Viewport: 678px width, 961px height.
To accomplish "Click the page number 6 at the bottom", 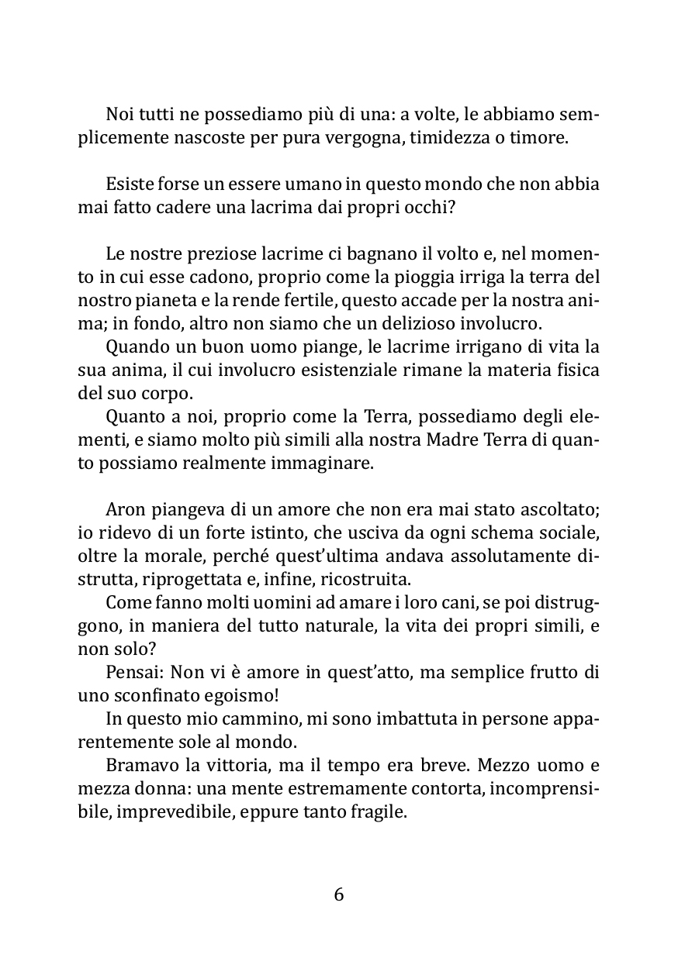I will pos(339,894).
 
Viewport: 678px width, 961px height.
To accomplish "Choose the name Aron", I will pos(125,511).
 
